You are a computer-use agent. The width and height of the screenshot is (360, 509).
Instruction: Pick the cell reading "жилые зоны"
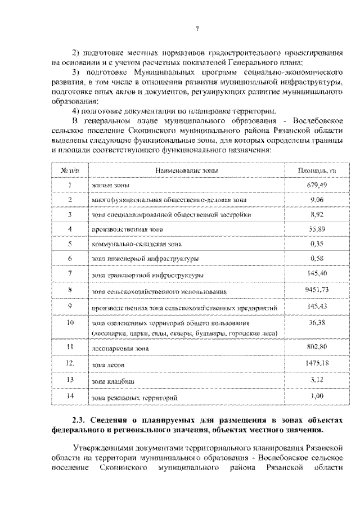click(x=110, y=186)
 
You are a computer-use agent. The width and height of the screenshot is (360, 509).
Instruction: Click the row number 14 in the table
click(x=70, y=396)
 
